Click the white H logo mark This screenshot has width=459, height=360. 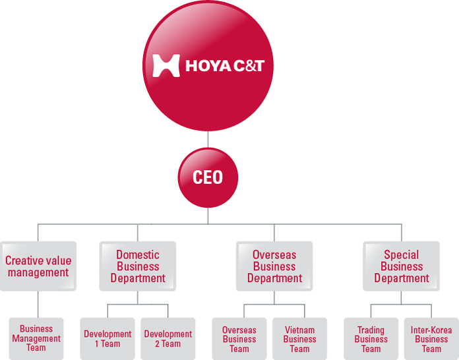point(166,65)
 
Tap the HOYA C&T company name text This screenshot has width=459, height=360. point(225,65)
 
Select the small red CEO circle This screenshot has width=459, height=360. point(208,177)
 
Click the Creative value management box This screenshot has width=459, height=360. point(38,266)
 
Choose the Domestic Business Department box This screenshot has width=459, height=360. point(138,266)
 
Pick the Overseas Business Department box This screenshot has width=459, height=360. point(274,266)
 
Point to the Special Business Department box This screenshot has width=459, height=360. point(402,266)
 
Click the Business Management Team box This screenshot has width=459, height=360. point(36,339)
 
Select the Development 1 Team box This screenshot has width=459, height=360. point(107,339)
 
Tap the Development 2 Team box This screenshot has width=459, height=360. point(168,339)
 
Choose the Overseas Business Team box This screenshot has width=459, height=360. point(239,339)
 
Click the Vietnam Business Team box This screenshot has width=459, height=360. point(300,339)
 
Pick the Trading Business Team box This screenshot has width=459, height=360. point(371,339)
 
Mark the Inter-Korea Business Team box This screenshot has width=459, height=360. point(431,339)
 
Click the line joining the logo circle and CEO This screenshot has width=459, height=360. point(208,140)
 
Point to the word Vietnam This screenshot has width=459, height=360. point(300,330)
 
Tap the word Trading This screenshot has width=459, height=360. point(371,330)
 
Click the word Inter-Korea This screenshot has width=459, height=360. point(431,330)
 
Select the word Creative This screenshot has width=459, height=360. point(24,260)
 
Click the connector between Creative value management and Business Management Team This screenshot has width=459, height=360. point(38,305)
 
